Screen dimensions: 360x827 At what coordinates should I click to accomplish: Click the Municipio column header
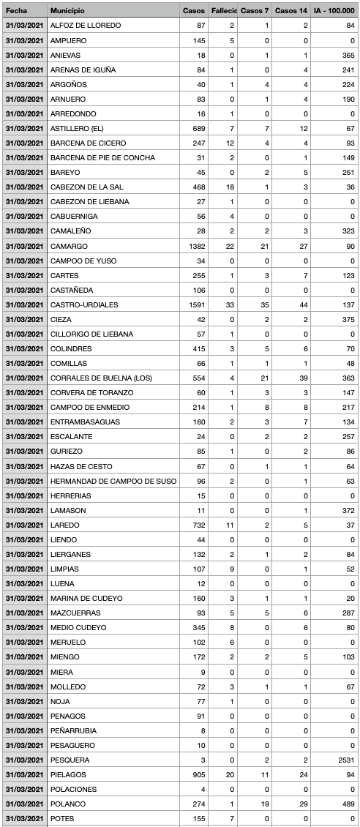pyautogui.click(x=67, y=11)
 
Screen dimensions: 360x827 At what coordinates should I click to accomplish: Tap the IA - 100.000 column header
pyautogui.click(x=334, y=11)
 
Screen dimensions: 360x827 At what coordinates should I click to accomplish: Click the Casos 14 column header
pyautogui.click(x=290, y=11)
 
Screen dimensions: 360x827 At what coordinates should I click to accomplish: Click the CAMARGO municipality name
pyautogui.click(x=69, y=246)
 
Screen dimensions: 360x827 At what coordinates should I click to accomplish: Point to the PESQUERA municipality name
pyautogui.click(x=70, y=760)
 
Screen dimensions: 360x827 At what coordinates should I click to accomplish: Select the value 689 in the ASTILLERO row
pyautogui.click(x=198, y=128)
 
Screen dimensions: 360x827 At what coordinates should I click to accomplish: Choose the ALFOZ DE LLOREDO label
pyautogui.click(x=86, y=26)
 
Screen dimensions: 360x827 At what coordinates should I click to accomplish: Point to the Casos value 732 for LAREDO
pyautogui.click(x=198, y=525)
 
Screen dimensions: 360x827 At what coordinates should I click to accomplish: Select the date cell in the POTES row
pyautogui.click(x=25, y=818)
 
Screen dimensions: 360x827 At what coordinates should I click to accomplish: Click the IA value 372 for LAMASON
pyautogui.click(x=348, y=510)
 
